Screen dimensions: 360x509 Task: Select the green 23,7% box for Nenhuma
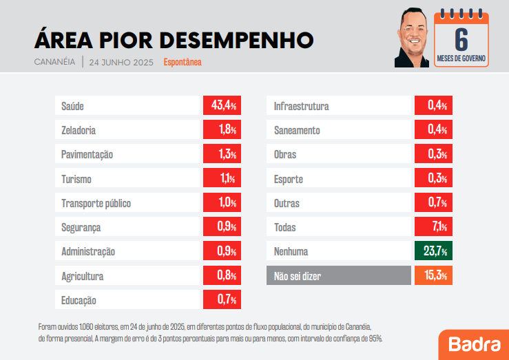click(433, 251)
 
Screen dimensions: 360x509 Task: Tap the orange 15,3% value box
click(433, 275)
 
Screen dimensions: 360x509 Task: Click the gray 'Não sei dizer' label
click(338, 275)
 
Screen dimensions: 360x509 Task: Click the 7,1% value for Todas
click(433, 227)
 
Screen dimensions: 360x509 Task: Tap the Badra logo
click(473, 344)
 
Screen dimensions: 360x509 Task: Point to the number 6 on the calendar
click(461, 39)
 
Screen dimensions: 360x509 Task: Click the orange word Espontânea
click(183, 62)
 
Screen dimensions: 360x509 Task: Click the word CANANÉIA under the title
click(54, 62)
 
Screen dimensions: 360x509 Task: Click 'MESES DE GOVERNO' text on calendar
click(461, 59)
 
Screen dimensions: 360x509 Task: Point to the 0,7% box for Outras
click(433, 203)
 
